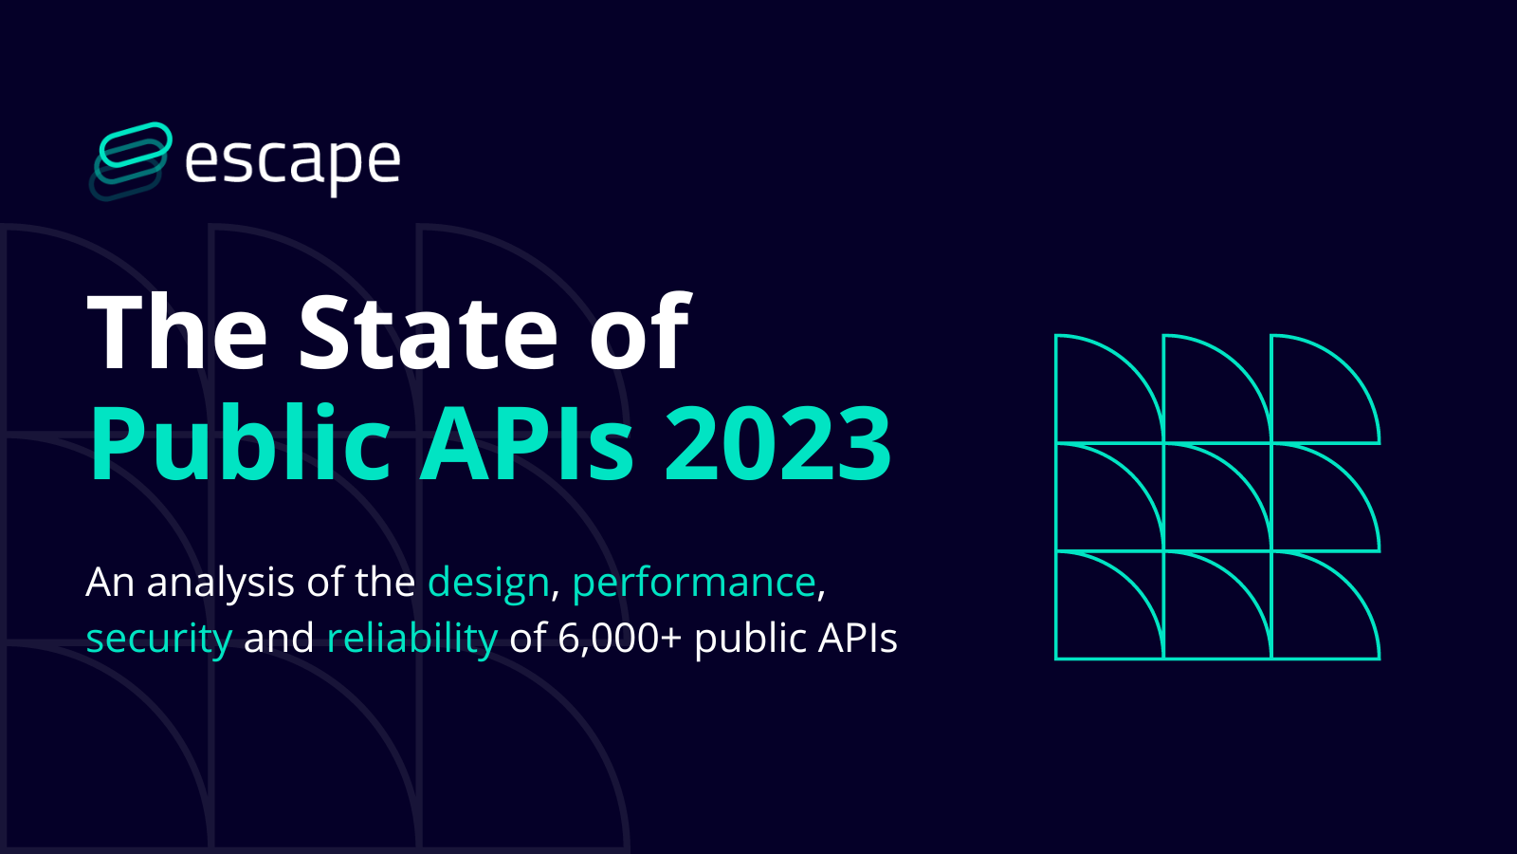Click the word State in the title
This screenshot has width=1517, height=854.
[429, 332]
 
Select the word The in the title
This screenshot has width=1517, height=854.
[177, 332]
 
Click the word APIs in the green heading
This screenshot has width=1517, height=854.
[527, 444]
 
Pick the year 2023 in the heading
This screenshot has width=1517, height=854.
[777, 444]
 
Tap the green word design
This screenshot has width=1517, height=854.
[488, 583]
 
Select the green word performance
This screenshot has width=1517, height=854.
[694, 583]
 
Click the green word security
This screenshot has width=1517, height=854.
[158, 639]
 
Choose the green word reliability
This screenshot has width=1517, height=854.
[411, 639]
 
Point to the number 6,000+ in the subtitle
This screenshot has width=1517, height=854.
[619, 639]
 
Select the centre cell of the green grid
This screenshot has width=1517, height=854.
[1217, 497]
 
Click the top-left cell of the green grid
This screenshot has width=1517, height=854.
[1109, 389]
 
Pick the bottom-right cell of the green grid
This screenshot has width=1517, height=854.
[1325, 605]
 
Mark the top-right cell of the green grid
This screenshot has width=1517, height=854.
[1325, 389]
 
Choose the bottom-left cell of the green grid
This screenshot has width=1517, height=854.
[1109, 605]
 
